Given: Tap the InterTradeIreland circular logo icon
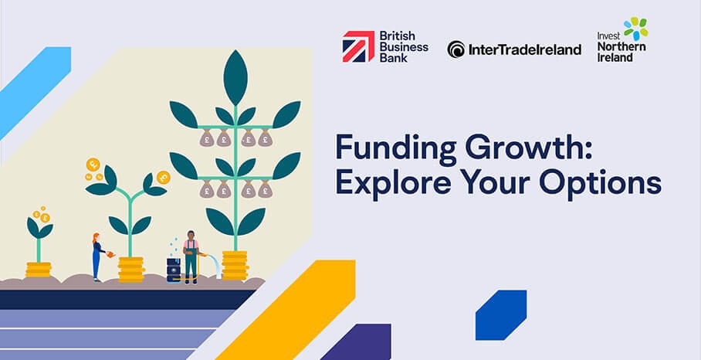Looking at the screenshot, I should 456,49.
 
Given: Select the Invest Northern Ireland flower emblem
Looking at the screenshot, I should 635,29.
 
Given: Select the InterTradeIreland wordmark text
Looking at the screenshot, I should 525,49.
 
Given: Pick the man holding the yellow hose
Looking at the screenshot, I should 191,256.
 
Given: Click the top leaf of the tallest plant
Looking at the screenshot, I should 235,76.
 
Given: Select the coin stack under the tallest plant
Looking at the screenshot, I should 235,264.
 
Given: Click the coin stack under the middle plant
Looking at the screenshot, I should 130,268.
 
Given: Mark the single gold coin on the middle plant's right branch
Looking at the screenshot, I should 163,178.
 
